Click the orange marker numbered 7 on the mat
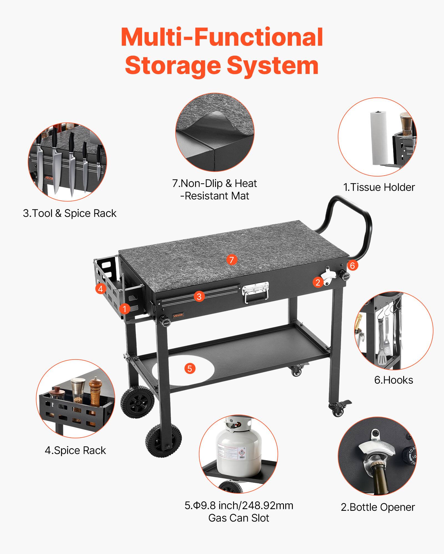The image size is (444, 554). click(x=231, y=260)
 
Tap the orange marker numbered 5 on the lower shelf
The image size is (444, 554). click(x=190, y=368)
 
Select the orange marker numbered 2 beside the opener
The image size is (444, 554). click(x=318, y=282)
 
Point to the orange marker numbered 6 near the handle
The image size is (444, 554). click(x=352, y=266)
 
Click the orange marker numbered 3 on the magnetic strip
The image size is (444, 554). click(x=199, y=297)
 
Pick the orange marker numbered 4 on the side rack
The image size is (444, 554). click(x=100, y=289)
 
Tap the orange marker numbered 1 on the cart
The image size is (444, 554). click(x=125, y=309)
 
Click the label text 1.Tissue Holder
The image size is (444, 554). click(x=379, y=187)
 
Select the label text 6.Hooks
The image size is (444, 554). click(x=393, y=380)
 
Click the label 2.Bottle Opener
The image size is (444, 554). click(x=378, y=507)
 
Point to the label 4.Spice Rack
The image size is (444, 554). click(x=75, y=450)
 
